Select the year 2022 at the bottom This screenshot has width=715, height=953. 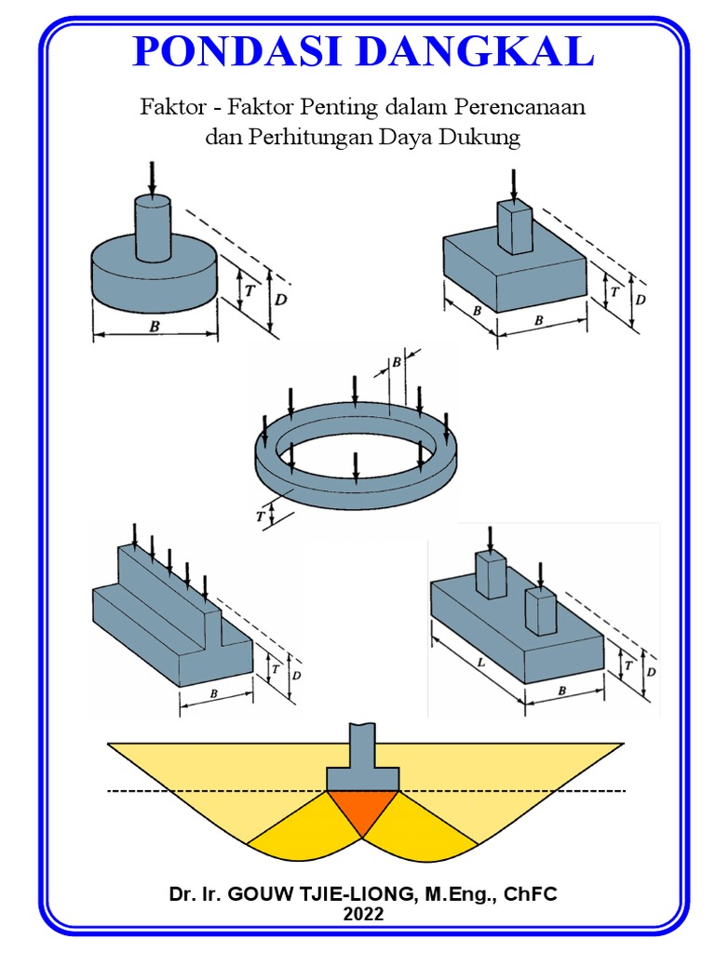pyautogui.click(x=362, y=914)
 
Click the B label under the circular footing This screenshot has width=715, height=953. pyautogui.click(x=153, y=326)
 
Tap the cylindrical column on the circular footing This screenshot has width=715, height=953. pyautogui.click(x=153, y=228)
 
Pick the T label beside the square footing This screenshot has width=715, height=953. pyautogui.click(x=614, y=292)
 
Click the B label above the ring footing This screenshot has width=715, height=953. pyautogui.click(x=397, y=360)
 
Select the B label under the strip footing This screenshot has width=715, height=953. pyautogui.click(x=214, y=693)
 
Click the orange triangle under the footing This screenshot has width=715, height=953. pyautogui.click(x=364, y=810)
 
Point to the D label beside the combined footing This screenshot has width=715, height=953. pyautogui.click(x=652, y=670)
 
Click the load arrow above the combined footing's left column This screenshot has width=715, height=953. pyautogui.click(x=490, y=538)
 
